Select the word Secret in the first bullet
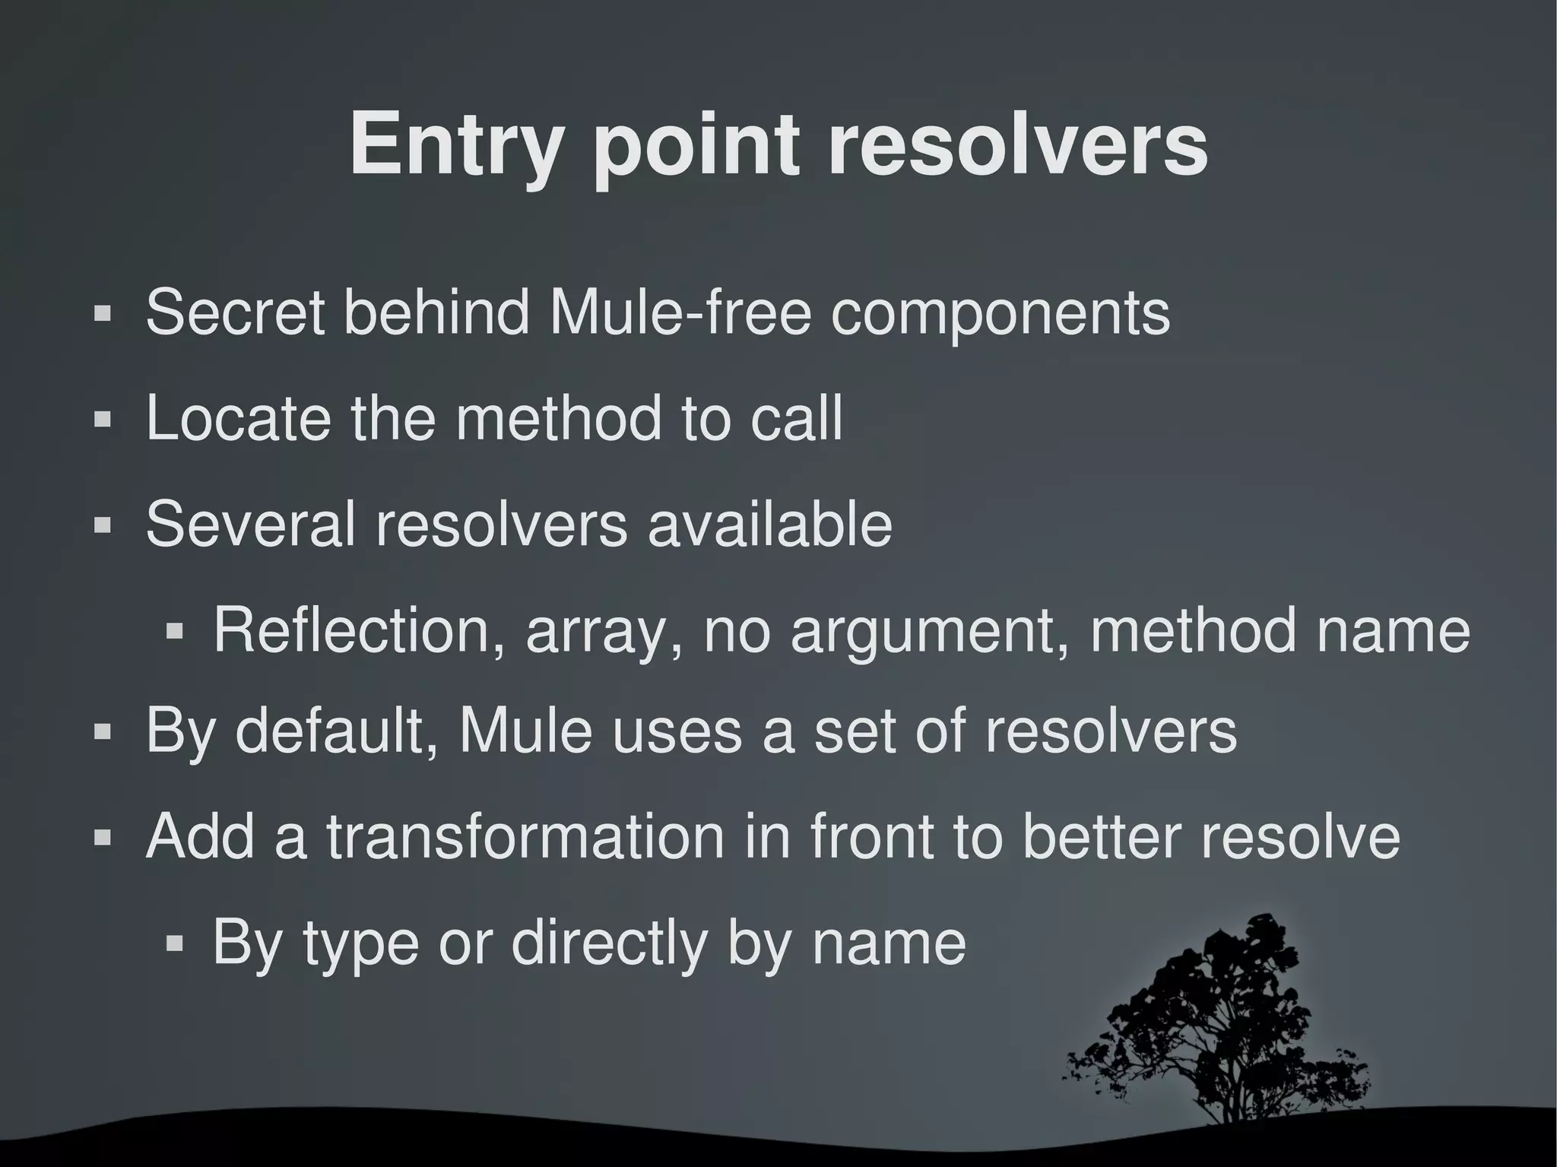[x=234, y=312]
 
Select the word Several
[x=251, y=524]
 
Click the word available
[x=769, y=524]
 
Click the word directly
[x=609, y=943]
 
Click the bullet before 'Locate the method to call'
[x=102, y=420]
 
